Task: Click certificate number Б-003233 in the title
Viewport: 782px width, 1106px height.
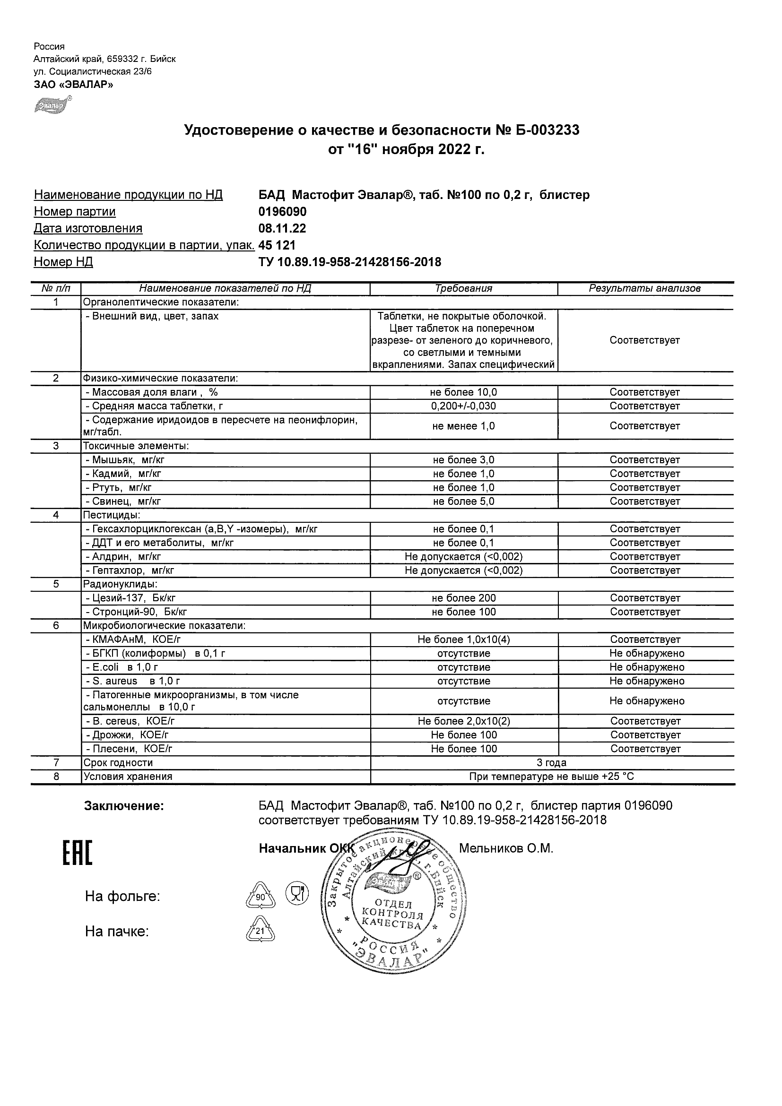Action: (539, 130)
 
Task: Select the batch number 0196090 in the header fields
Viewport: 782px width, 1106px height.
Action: (282, 212)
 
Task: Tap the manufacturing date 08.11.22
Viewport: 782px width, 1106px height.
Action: (282, 228)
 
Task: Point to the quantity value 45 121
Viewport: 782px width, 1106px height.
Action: (277, 245)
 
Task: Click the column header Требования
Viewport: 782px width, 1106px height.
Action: (463, 288)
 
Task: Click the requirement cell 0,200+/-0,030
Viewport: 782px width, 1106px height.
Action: (463, 406)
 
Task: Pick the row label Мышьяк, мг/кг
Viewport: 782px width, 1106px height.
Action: (125, 460)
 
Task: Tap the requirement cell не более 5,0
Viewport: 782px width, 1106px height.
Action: (463, 501)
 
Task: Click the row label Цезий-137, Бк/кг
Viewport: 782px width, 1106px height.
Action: (130, 598)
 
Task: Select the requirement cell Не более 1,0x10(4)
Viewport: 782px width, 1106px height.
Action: (463, 639)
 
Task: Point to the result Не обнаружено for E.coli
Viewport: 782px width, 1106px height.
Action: (647, 668)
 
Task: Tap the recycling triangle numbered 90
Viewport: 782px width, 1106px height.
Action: (260, 897)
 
